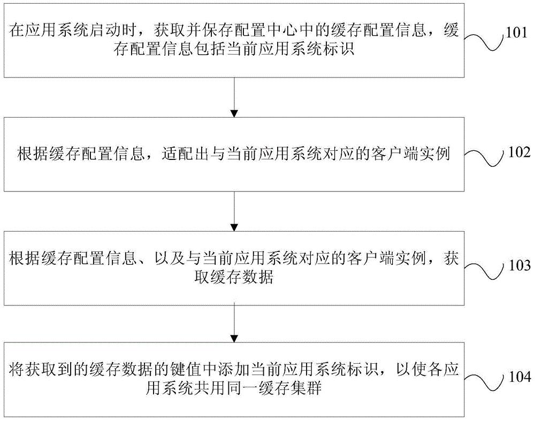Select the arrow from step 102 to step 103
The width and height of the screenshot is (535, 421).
tap(233, 211)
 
